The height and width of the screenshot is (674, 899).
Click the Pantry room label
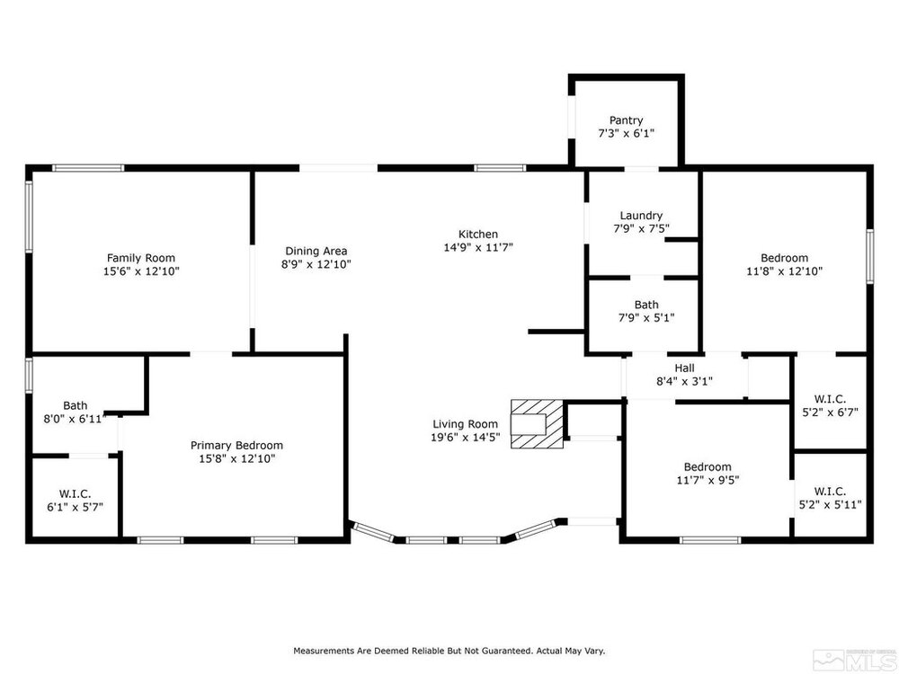626,120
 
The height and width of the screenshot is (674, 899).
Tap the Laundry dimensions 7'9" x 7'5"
641,228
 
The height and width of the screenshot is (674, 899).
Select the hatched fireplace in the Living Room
537,423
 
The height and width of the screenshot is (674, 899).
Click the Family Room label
141,258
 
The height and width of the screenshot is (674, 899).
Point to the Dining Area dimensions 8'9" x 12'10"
316,264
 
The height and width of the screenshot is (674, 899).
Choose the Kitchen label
478,234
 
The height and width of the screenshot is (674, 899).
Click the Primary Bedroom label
236,446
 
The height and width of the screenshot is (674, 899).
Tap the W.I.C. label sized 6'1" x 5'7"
75,493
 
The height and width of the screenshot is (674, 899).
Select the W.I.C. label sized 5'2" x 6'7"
830,399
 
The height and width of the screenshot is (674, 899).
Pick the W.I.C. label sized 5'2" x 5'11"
830,492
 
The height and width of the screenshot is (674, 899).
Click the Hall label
684,368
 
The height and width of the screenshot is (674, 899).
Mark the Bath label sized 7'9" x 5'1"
646,305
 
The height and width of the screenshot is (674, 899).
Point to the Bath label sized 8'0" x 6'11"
76,406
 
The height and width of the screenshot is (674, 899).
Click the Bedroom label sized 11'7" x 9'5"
708,466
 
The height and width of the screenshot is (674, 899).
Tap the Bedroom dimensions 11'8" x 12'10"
784,271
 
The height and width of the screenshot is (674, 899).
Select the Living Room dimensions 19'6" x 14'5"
465,438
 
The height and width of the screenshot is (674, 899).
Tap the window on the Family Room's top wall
88,168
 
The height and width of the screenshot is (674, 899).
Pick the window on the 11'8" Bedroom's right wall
869,256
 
